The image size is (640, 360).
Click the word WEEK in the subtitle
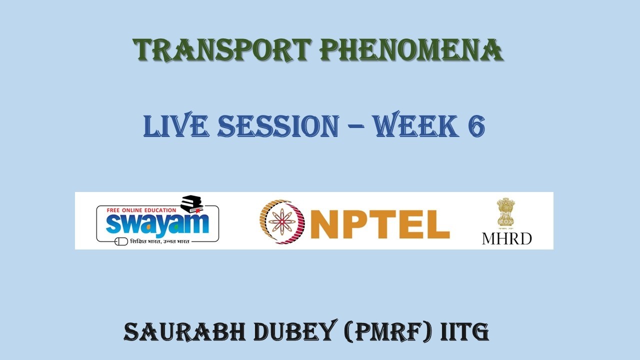(x=416, y=126)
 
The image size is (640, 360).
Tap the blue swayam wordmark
(x=157, y=224)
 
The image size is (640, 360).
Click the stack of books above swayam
(x=191, y=202)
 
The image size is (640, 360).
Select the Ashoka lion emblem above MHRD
(x=506, y=213)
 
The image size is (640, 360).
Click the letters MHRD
(x=506, y=238)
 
